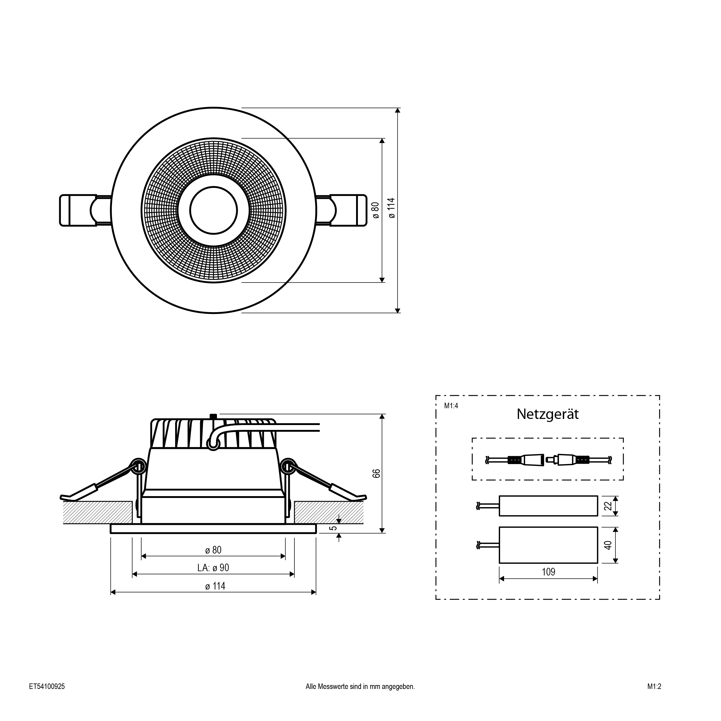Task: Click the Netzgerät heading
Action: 547,414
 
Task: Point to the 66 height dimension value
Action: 377,473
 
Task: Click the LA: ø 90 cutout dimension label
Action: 213,568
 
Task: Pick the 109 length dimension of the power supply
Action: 548,572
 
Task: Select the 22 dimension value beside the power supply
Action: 608,506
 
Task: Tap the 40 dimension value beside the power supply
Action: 608,545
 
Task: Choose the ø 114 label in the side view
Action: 215,586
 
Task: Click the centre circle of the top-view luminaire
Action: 214,211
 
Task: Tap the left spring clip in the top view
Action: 85,211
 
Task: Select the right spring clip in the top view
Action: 341,211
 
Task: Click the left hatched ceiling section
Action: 98,512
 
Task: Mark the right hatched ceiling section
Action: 329,512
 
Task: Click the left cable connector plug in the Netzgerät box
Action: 524,460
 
